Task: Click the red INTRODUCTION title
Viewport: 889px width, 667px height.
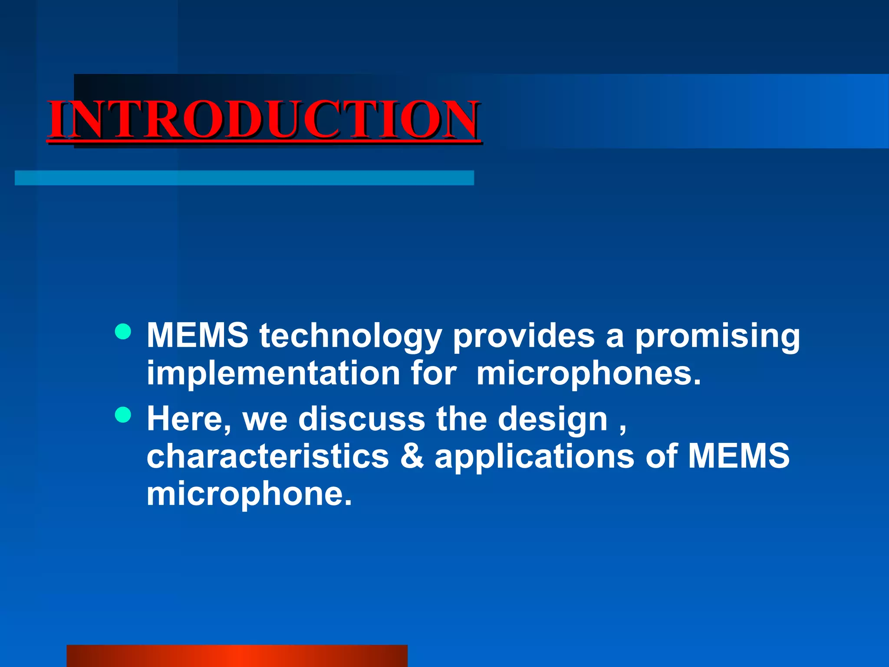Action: [264, 119]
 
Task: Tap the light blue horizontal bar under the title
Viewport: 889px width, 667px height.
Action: [244, 178]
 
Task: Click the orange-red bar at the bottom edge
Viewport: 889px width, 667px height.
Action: [237, 655]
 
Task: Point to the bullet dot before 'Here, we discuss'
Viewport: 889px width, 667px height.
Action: [123, 415]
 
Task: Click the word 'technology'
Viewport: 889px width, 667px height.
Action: [351, 337]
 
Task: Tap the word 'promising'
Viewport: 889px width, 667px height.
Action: [718, 337]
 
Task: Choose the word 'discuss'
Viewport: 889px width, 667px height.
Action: [362, 419]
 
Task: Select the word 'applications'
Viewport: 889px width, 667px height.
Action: [534, 457]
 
